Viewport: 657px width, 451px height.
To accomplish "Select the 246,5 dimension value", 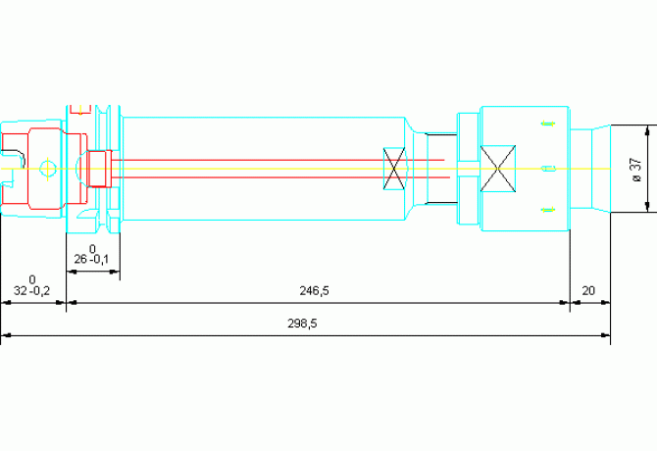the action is pos(314,291).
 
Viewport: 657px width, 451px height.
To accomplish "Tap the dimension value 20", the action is pos(588,291).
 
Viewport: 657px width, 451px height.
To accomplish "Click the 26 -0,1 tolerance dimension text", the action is pos(91,260).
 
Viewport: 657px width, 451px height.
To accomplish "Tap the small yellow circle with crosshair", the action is pos(46,169).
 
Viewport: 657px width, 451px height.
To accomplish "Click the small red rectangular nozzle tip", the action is pos(97,168).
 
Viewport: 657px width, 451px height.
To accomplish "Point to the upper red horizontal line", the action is pos(275,160).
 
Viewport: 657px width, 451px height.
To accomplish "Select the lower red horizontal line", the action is pos(275,177).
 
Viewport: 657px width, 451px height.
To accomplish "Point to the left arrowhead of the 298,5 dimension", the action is pos(6,335).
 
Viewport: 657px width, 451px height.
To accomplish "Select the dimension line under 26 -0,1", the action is pos(92,271).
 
